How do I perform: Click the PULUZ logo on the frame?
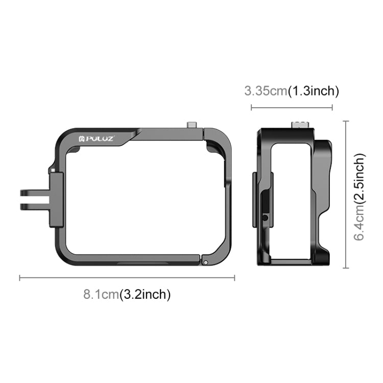coord(100,138)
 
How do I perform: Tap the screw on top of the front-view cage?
coord(193,126)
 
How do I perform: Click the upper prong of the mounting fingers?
coord(34,194)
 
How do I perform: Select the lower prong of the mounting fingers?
coord(34,206)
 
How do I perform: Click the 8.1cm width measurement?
coord(101,294)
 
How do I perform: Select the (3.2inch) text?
coord(145,294)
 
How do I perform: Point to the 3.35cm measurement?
coord(266,91)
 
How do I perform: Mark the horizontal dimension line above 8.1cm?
coord(127,278)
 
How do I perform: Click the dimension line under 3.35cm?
coord(292,107)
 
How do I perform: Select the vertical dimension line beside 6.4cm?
coord(346,194)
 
